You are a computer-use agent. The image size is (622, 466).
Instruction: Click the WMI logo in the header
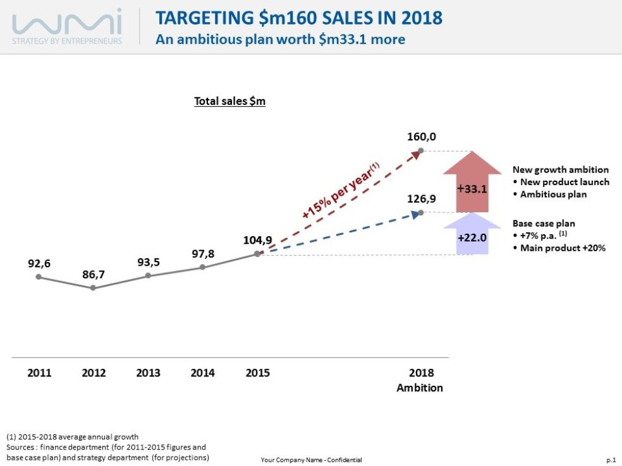click(67, 26)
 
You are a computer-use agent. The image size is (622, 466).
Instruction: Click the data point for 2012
click(93, 288)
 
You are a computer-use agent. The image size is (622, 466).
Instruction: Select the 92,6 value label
click(39, 263)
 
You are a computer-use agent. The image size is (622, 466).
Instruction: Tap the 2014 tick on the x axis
click(202, 373)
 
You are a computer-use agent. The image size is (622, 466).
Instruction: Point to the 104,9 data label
click(257, 240)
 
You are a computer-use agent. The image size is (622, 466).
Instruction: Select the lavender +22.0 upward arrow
click(472, 236)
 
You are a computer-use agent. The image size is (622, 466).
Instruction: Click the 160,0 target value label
click(422, 137)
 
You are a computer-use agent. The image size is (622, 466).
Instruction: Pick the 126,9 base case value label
click(422, 198)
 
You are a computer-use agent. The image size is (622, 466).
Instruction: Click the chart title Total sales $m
click(229, 101)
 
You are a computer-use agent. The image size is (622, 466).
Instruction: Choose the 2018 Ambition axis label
click(420, 380)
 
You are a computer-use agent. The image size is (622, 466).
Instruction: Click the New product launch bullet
click(561, 182)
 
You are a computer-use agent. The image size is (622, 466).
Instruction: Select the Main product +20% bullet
click(559, 248)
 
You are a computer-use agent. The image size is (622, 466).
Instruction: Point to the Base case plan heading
click(543, 224)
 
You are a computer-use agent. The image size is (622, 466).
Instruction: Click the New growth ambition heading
click(560, 170)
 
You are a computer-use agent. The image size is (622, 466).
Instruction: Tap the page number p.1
click(610, 460)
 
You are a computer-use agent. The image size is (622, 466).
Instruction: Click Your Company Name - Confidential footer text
click(311, 460)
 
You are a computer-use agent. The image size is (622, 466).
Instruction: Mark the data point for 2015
click(257, 254)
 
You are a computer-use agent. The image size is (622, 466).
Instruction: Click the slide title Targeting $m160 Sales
click(299, 17)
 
